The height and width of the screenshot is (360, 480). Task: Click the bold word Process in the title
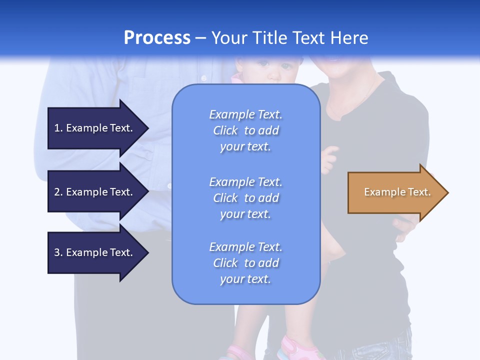click(157, 38)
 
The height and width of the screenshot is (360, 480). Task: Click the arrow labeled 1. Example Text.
click(95, 128)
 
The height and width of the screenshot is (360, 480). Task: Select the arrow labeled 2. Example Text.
click(95, 192)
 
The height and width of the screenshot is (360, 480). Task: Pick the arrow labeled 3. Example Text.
click(95, 252)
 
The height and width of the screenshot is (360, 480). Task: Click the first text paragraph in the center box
click(245, 130)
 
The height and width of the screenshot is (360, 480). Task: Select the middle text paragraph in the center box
click(245, 198)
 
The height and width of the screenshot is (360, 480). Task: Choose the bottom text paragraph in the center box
click(245, 263)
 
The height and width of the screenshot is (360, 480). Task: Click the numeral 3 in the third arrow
click(57, 252)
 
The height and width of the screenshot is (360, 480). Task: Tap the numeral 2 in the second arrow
click(57, 192)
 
